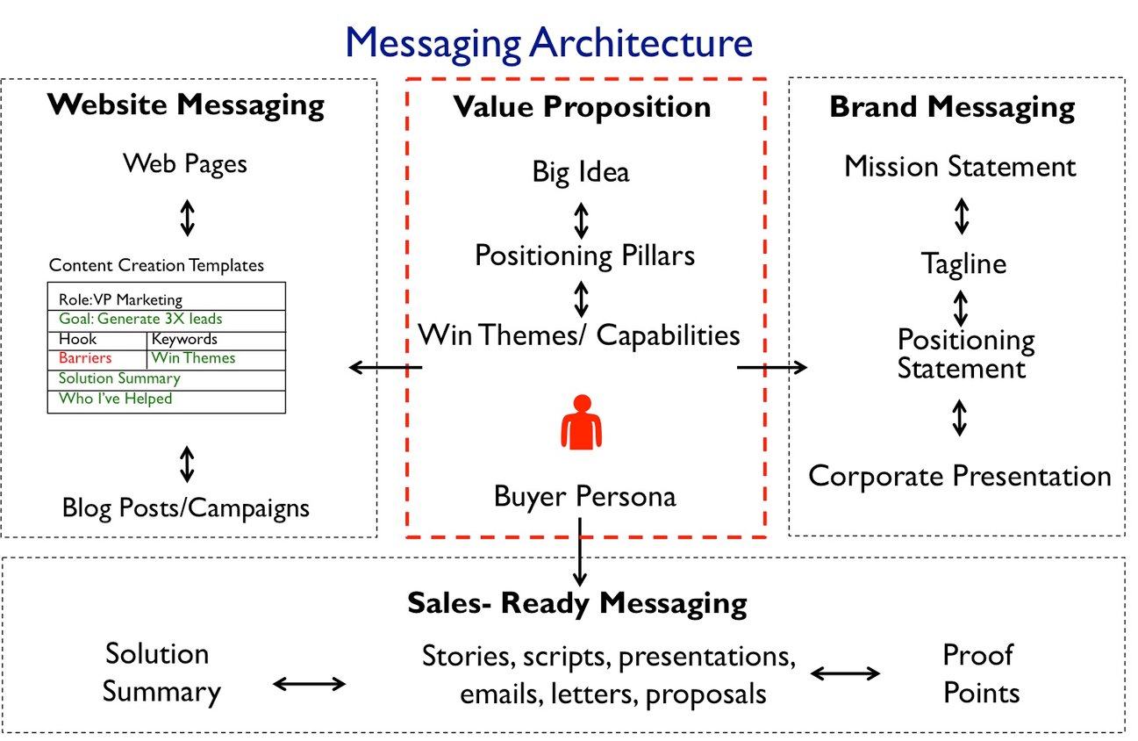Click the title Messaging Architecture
pos(548,42)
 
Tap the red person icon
pos(582,422)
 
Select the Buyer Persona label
pos(584,496)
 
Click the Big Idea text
pos(580,171)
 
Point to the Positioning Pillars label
pos(584,255)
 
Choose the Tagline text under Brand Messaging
pos(963,263)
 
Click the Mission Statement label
pos(960,166)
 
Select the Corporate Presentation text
pos(959,476)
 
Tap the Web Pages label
pos(185,163)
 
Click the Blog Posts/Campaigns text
pos(185,507)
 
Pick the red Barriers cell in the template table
pos(85,358)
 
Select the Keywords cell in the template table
pos(184,339)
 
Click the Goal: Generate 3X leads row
pos(140,320)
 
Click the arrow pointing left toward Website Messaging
pos(385,367)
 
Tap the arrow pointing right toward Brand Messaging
pos(771,367)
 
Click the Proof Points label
pos(981,673)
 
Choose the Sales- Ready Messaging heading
pos(576,603)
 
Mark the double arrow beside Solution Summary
pos(310,684)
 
